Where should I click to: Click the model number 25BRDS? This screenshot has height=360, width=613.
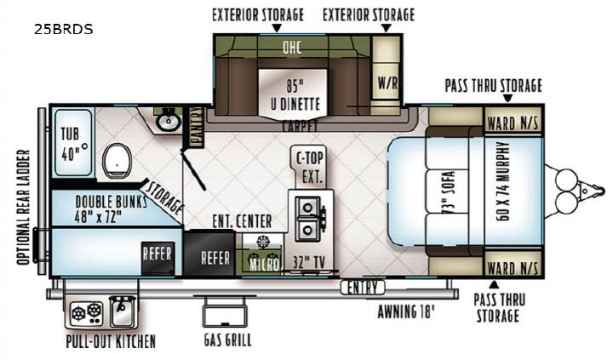click(x=63, y=29)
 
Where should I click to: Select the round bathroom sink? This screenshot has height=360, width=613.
click(x=168, y=122)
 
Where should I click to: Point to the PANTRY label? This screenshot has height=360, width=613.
click(x=197, y=127)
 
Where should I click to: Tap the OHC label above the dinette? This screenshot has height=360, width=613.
click(x=292, y=48)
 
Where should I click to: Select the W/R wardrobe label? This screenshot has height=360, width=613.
click(x=387, y=83)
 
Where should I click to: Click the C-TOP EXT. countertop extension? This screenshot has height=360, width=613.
click(x=310, y=167)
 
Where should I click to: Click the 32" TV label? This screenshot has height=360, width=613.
click(x=309, y=263)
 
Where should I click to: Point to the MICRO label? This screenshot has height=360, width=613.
click(x=265, y=265)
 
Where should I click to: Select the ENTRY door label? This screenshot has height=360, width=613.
click(x=363, y=288)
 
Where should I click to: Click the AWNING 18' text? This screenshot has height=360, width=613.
click(x=406, y=311)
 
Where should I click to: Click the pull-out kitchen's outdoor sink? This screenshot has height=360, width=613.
click(x=123, y=311)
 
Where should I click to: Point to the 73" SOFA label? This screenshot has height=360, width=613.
click(x=448, y=192)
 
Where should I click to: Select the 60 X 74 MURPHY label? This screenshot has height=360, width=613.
click(x=503, y=181)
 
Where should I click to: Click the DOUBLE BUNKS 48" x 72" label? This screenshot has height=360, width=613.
click(x=111, y=209)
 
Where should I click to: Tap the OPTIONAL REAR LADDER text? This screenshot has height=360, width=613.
click(x=23, y=207)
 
